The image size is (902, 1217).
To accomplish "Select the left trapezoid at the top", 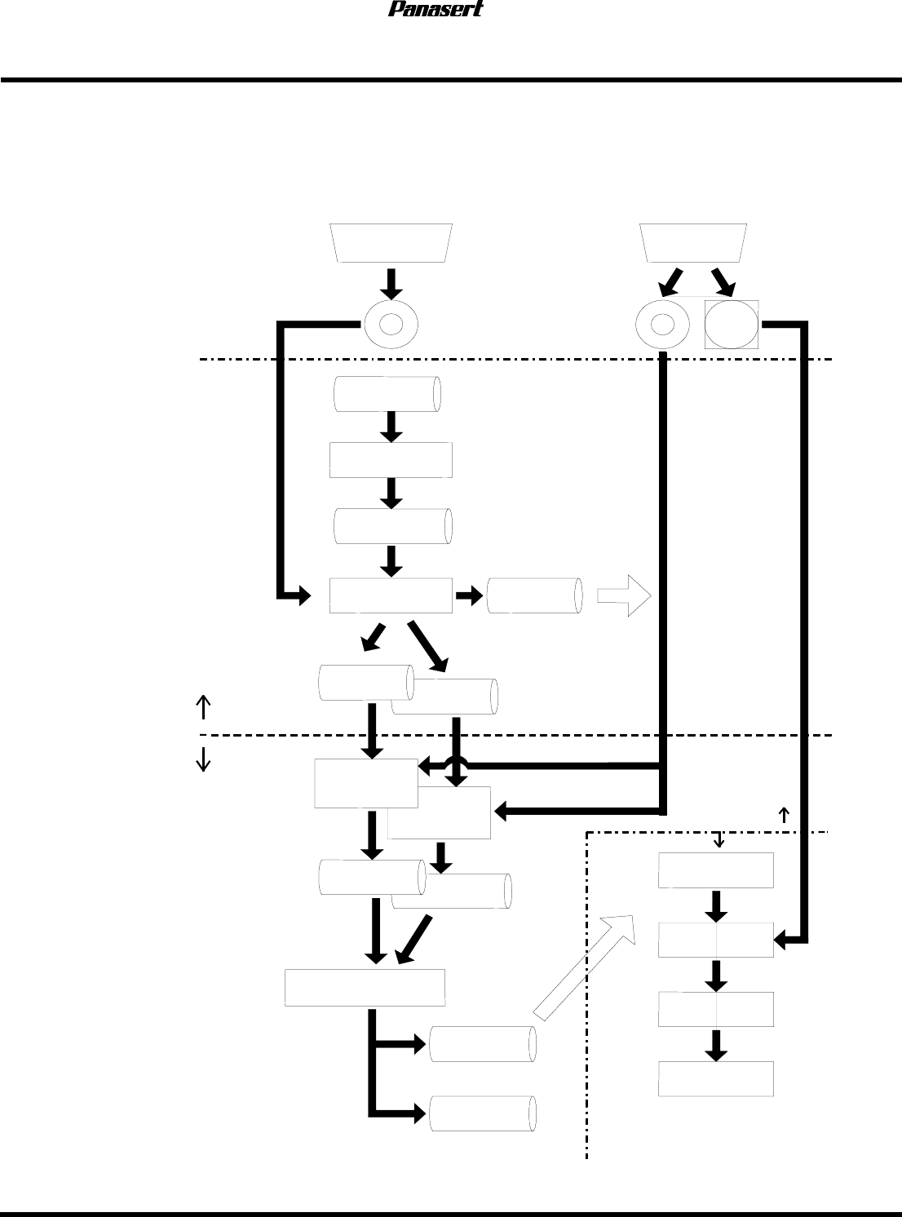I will tap(391, 242).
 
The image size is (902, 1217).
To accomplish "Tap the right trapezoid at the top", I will tap(693, 242).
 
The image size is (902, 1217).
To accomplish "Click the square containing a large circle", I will tap(732, 325).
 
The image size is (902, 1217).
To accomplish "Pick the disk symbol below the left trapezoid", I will tap(391, 324).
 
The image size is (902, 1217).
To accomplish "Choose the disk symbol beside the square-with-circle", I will tap(662, 325).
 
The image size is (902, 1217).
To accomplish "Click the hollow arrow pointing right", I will tap(624, 596).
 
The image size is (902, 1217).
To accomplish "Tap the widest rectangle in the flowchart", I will tap(365, 988).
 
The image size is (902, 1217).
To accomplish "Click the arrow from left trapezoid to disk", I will tap(391, 282).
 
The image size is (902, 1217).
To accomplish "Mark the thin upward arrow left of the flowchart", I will tap(202, 706).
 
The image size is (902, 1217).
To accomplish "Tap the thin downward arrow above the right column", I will tap(719, 839).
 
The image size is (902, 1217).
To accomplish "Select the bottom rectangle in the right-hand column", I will tap(716, 1078).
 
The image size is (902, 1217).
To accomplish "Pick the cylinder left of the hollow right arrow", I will tap(535, 596).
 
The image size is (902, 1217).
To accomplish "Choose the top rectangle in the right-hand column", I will tap(716, 870).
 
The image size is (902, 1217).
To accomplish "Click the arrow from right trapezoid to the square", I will tap(723, 281).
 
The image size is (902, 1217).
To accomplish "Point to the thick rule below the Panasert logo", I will tap(451, 80).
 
